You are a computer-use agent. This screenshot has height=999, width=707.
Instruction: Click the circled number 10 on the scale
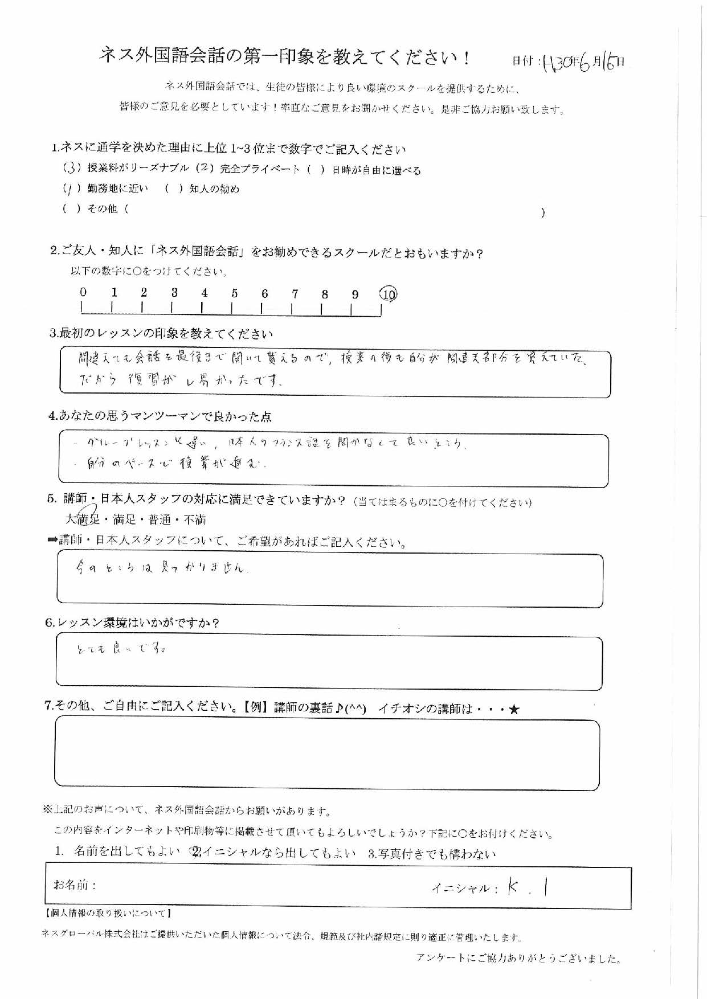point(388,294)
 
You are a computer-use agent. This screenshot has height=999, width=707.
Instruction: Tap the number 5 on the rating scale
point(234,293)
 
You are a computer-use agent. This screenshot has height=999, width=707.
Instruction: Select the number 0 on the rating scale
point(83,292)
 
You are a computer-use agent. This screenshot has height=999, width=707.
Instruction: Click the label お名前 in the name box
point(75,885)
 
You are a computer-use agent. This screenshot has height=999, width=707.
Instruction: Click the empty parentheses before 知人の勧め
point(173,189)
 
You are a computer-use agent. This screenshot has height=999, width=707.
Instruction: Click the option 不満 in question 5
point(195,519)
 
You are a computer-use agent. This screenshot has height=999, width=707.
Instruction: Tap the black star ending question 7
point(514,710)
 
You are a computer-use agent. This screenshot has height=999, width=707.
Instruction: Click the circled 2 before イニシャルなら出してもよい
point(196,853)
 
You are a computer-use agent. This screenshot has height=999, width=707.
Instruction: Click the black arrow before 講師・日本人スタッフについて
point(52,540)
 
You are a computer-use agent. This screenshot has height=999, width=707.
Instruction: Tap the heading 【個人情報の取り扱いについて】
point(107,913)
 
